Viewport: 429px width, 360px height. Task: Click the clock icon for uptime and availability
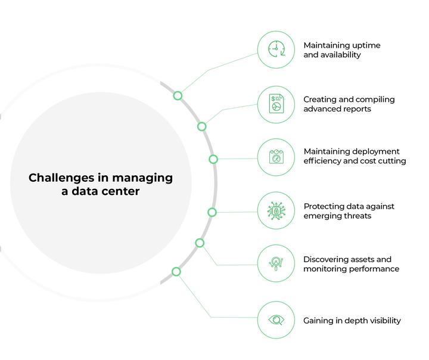(276, 49)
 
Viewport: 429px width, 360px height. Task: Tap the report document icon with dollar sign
(276, 104)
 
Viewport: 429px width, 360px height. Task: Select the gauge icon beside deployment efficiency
(276, 157)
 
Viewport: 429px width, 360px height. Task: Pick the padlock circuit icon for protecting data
(276, 211)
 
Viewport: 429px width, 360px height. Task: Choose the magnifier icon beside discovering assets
(276, 263)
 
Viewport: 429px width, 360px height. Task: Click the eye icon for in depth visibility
(276, 320)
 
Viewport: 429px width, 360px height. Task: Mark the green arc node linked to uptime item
(178, 95)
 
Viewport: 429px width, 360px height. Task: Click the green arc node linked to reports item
(202, 126)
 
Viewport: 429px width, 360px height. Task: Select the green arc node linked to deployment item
(213, 159)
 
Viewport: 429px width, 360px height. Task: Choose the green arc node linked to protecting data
(212, 212)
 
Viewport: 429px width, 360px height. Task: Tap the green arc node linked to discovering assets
(200, 243)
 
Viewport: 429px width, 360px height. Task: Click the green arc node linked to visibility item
(176, 272)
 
